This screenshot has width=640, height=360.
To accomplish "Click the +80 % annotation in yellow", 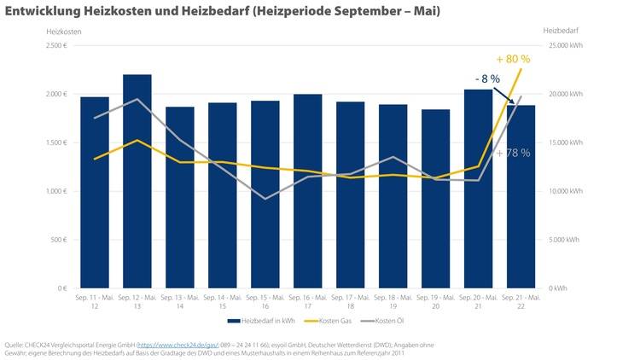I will (513, 59).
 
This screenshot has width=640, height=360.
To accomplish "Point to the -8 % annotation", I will (488, 78).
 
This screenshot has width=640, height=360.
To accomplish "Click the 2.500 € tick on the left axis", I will (55, 44).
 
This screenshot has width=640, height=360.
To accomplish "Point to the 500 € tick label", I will (58, 240).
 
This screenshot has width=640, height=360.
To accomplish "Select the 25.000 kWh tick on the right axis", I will (564, 44).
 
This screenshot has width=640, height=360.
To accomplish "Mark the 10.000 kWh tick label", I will (564, 191).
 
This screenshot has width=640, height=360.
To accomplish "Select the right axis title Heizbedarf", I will (559, 31).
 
